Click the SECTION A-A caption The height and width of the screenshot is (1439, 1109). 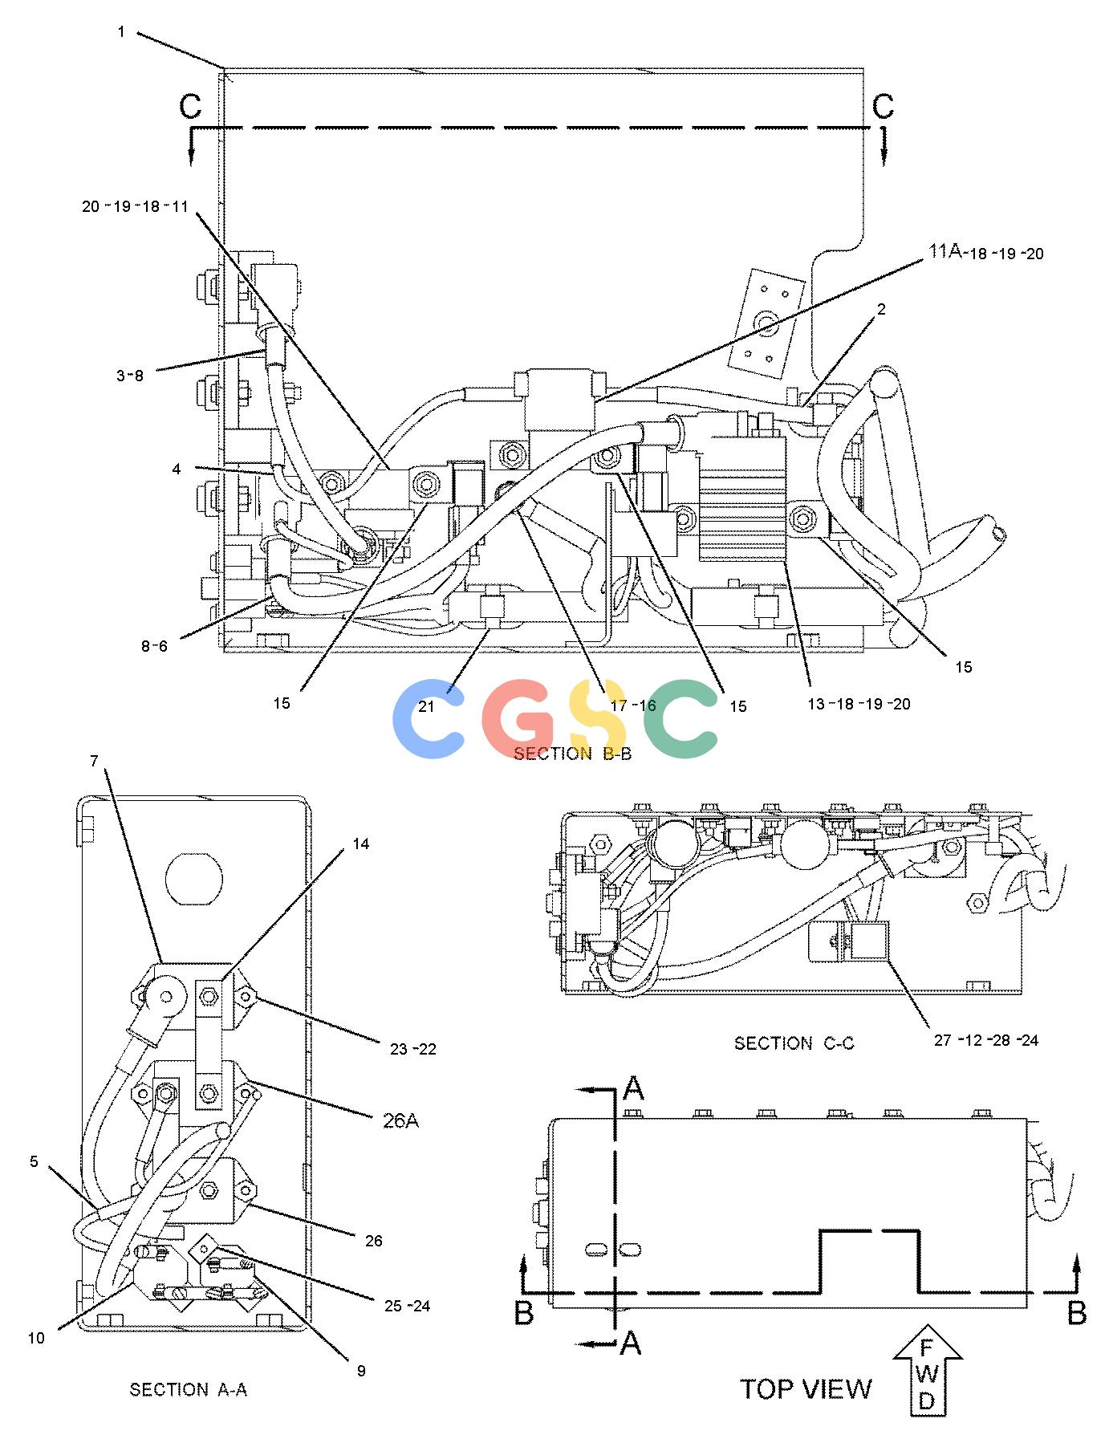188,1389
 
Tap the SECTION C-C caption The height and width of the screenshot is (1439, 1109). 794,1043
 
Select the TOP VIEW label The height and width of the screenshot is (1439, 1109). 805,1389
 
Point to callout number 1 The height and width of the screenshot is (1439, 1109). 121,32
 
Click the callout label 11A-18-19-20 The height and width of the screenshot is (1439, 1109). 986,253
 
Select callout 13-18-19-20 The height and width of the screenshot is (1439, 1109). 859,704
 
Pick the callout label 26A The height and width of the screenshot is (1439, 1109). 400,1120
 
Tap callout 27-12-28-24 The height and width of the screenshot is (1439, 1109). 986,1040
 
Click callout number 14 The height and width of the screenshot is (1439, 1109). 361,843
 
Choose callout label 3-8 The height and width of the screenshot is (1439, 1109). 130,375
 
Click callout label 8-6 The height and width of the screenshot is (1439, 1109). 154,645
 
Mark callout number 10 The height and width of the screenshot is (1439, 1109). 37,1338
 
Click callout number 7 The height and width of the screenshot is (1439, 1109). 94,761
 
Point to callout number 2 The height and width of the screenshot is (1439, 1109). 881,309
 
